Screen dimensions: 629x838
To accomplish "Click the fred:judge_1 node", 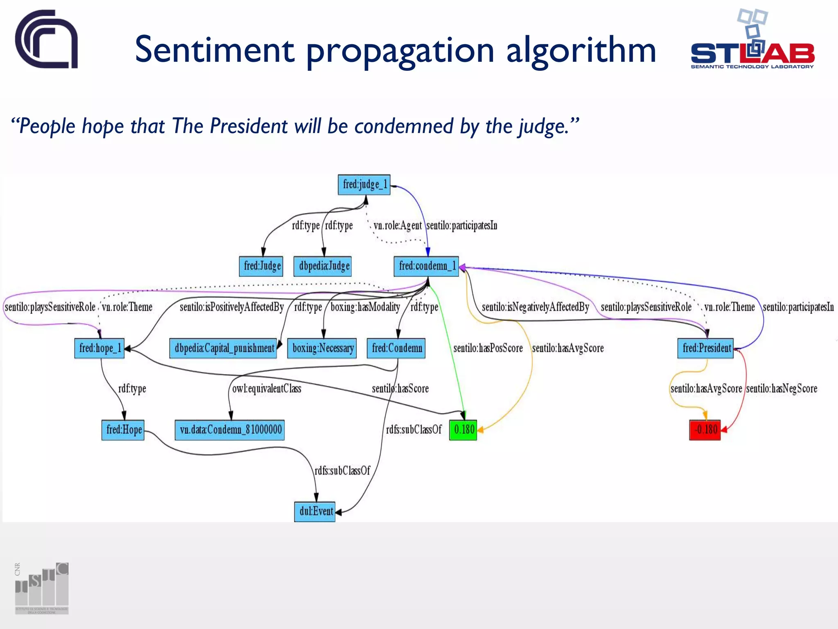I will pyautogui.click(x=364, y=185).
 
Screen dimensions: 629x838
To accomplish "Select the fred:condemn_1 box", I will pyautogui.click(x=426, y=266).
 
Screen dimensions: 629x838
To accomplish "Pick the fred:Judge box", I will pyautogui.click(x=261, y=266).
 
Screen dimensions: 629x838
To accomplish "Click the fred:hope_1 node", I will pyautogui.click(x=99, y=348).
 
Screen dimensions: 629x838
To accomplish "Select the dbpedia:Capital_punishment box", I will pyautogui.click(x=223, y=348).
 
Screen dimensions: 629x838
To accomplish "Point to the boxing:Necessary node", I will pyautogui.click(x=322, y=348).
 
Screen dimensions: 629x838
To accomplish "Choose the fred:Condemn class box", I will pyautogui.click(x=396, y=348).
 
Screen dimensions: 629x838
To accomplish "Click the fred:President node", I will pyautogui.click(x=706, y=348).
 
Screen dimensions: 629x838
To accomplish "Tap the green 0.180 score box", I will pyautogui.click(x=463, y=430).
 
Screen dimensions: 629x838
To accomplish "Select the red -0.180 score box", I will pyautogui.click(x=705, y=430).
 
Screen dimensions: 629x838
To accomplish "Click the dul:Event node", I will pyautogui.click(x=315, y=511).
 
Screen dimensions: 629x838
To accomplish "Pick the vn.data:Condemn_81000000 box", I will pyautogui.click(x=230, y=430).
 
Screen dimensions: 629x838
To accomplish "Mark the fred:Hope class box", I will pyautogui.click(x=123, y=430).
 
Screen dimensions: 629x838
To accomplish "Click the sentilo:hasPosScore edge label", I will pyautogui.click(x=488, y=348).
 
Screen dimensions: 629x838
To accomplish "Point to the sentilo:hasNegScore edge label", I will pyautogui.click(x=782, y=389).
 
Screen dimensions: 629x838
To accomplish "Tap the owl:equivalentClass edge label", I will pyautogui.click(x=266, y=389).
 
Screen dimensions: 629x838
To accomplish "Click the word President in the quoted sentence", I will pyautogui.click(x=249, y=126).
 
